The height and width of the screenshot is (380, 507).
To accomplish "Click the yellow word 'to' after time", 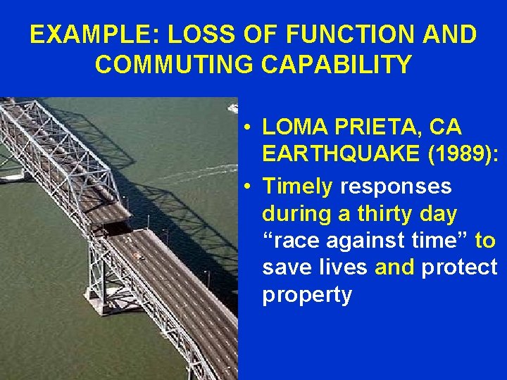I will coord(485,240).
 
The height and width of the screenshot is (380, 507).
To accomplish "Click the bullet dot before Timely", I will coord(249,187).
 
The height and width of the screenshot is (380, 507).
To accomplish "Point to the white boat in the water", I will coord(233,108).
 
